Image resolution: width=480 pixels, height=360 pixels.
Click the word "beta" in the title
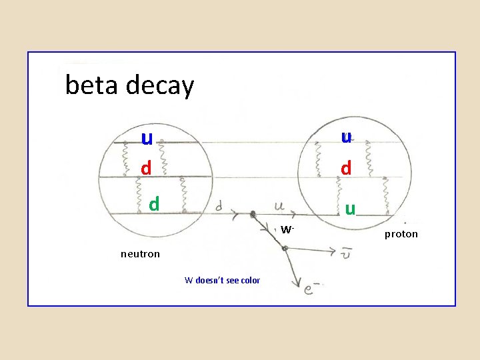(x=89, y=85)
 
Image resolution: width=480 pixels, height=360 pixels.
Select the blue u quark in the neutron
(x=147, y=137)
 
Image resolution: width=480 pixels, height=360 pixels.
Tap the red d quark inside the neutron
(x=146, y=167)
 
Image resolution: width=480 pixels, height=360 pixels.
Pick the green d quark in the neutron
(x=154, y=203)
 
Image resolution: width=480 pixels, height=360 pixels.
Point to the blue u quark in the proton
(x=346, y=137)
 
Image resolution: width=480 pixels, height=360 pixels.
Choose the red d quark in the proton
(x=346, y=167)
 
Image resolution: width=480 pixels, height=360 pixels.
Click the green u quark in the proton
(x=349, y=209)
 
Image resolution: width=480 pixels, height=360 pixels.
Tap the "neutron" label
(x=140, y=253)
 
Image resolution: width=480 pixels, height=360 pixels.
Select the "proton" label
(x=401, y=234)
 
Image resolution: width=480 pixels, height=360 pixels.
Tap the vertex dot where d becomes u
(x=253, y=215)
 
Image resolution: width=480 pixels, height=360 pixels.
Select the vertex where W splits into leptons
(x=285, y=248)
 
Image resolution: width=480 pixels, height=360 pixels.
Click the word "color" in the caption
(x=250, y=280)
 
